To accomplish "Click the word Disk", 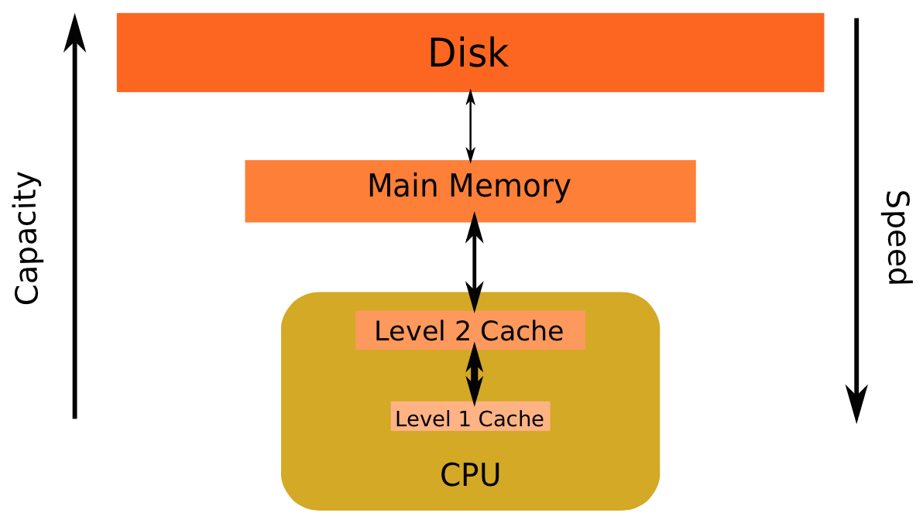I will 468,53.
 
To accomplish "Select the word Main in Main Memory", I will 403,186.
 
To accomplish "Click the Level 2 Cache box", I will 469,331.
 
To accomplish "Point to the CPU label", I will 470,475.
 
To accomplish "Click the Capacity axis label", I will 27,239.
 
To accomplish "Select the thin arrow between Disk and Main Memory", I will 470,125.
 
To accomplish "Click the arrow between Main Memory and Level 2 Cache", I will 474,263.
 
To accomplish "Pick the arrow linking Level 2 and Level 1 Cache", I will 474,374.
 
